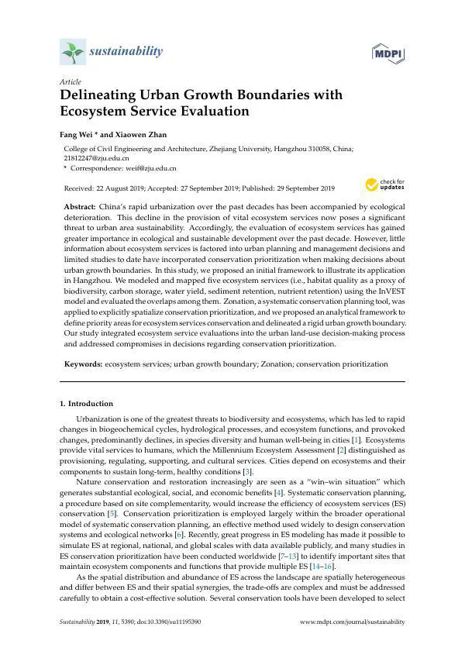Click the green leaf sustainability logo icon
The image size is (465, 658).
click(x=72, y=52)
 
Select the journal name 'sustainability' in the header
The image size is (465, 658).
click(x=127, y=51)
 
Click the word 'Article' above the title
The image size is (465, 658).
click(x=70, y=81)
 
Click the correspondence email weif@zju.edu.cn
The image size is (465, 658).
click(x=153, y=167)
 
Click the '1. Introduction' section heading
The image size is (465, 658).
click(x=87, y=404)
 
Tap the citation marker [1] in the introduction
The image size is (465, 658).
click(x=353, y=439)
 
